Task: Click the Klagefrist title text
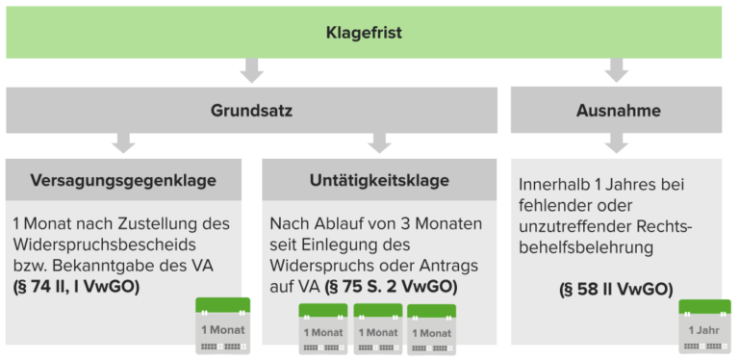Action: (x=363, y=33)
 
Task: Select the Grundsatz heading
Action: (x=252, y=111)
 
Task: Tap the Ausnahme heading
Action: (x=616, y=111)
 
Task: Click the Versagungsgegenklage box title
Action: (x=123, y=180)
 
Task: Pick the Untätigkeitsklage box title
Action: (x=379, y=180)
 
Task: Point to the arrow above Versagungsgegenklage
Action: (x=123, y=143)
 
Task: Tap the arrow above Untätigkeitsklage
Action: (x=379, y=143)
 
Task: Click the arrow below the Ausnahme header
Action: (x=617, y=143)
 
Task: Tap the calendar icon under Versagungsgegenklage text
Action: (x=222, y=326)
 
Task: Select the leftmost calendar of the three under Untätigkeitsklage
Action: (x=323, y=329)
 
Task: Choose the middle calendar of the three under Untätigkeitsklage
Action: (x=377, y=329)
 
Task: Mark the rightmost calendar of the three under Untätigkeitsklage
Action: (x=432, y=329)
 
